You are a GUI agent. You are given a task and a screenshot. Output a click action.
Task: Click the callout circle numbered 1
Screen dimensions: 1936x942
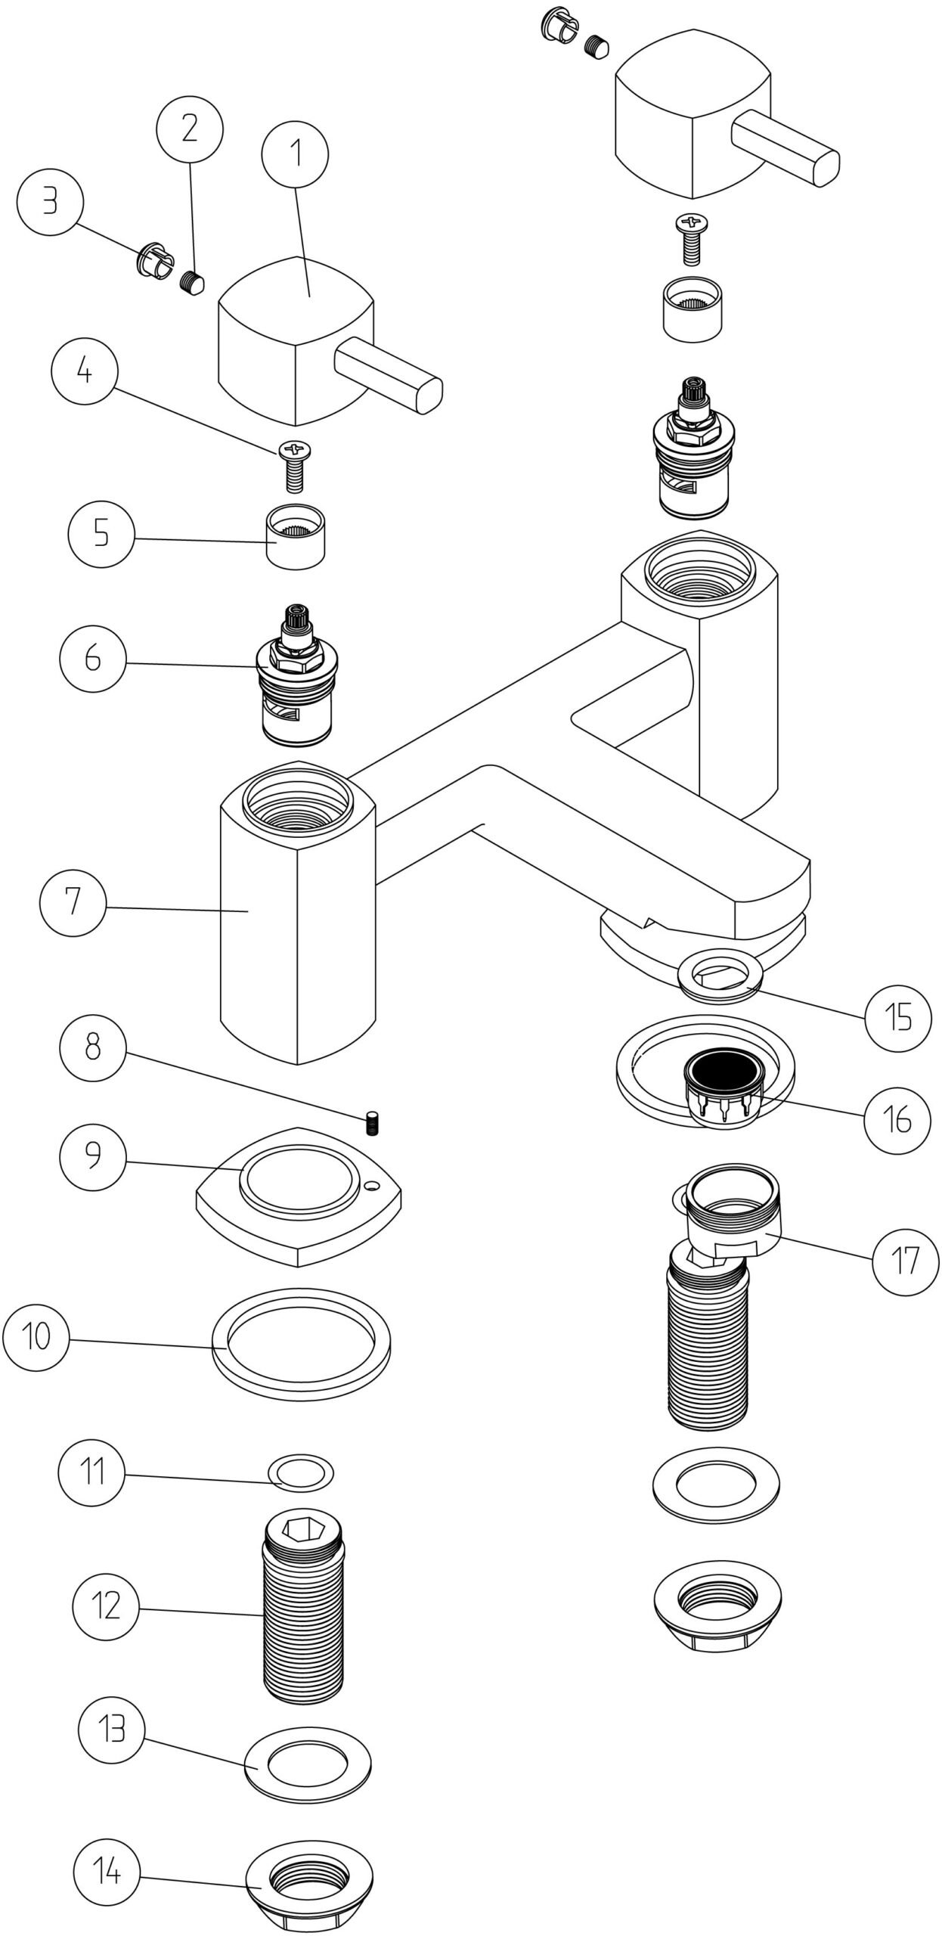coord(295,154)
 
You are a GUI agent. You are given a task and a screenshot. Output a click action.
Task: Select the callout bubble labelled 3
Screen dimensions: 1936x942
coord(50,203)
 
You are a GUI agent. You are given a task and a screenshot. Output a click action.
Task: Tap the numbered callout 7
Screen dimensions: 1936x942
coord(73,902)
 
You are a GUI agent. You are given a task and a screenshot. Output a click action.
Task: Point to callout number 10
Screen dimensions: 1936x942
coord(36,1336)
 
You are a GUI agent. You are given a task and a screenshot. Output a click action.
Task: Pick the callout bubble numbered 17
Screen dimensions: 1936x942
coord(905,1261)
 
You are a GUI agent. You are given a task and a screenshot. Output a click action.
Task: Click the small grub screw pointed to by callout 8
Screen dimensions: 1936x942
coord(371,1124)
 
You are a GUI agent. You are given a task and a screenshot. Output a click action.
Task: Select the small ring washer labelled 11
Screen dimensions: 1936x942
coord(301,1472)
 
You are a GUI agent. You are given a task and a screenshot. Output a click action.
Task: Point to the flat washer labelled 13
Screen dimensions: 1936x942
coord(308,1763)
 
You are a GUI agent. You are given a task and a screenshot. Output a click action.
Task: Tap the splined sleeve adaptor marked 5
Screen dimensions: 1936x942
coord(296,535)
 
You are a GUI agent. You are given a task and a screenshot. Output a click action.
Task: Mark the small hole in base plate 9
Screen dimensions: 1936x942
coord(370,1188)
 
